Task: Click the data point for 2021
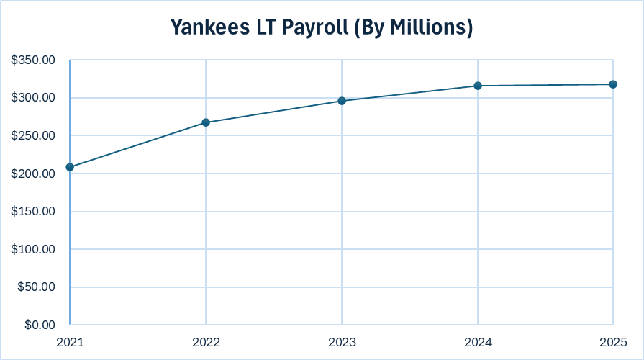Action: (x=70, y=167)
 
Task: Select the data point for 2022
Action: (x=206, y=122)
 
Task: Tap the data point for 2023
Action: (x=342, y=101)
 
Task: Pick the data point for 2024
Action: (x=478, y=86)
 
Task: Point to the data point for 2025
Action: (x=613, y=84)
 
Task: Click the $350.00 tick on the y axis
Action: (x=34, y=60)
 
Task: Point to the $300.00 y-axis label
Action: (x=34, y=98)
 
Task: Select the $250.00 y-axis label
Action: (x=34, y=136)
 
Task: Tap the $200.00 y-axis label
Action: (x=34, y=174)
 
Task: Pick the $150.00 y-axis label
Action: (x=34, y=212)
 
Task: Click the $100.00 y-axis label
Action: (x=34, y=249)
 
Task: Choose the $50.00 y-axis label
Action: (x=37, y=287)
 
